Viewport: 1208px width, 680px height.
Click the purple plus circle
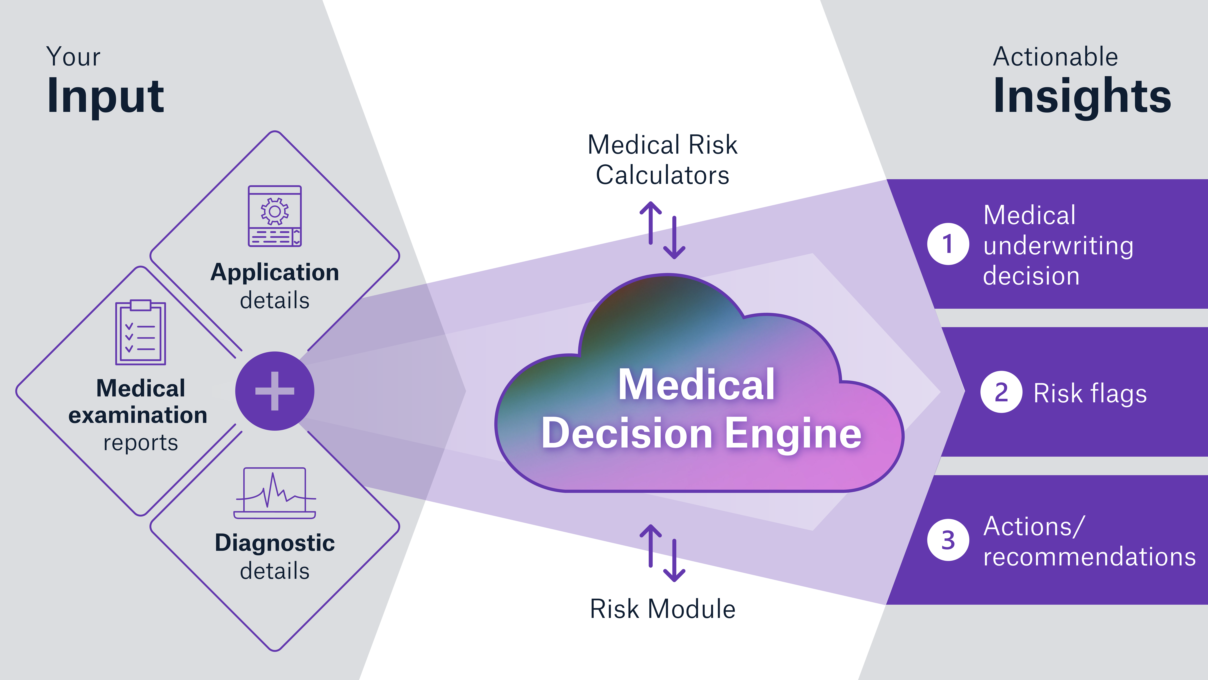(x=275, y=391)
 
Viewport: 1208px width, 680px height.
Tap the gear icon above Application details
(x=275, y=212)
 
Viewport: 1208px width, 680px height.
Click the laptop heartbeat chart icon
(x=275, y=493)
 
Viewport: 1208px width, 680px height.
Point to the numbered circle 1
(x=948, y=244)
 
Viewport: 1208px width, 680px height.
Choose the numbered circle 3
(x=948, y=540)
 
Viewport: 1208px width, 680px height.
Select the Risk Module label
(x=662, y=609)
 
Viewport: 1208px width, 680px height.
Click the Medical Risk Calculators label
(x=662, y=160)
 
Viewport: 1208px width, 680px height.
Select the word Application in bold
(x=275, y=272)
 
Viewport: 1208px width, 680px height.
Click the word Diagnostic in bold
(x=275, y=543)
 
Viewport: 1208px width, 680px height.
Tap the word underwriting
(x=1058, y=246)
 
